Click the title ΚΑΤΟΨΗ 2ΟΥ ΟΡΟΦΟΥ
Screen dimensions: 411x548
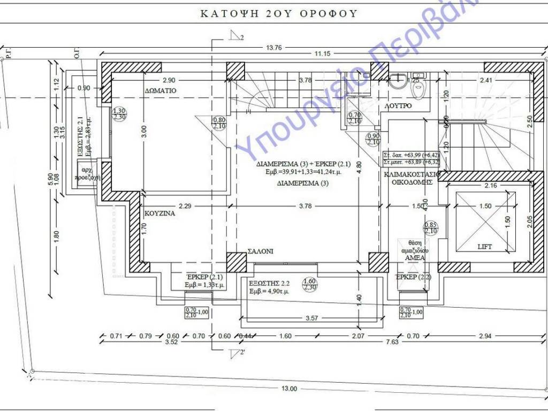click(x=278, y=13)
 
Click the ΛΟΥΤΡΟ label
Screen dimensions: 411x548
click(x=398, y=106)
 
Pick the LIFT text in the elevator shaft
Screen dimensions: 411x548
click(x=485, y=247)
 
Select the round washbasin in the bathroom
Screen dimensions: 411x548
click(x=397, y=81)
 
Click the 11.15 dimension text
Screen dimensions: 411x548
click(x=322, y=54)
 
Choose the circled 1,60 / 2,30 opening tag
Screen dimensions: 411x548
click(x=309, y=284)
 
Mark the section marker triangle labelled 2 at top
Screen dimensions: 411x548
click(x=234, y=36)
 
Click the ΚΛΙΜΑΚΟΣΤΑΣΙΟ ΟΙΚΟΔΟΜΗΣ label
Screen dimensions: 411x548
click(x=412, y=178)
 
